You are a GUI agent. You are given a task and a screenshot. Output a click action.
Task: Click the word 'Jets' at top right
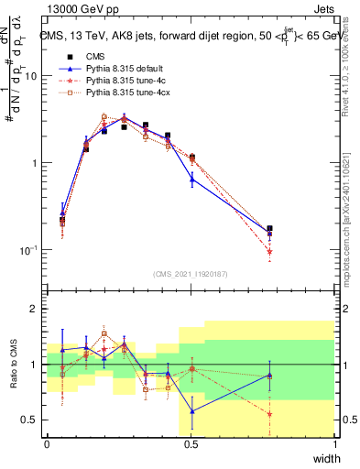coord(322,8)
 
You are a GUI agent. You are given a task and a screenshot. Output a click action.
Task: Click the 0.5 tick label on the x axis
coord(191,444)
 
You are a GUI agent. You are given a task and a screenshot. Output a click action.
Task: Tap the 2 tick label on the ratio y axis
coord(35,310)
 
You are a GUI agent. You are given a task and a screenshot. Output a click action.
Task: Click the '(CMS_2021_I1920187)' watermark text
coord(191,273)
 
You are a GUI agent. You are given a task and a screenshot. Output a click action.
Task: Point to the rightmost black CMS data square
coord(269,229)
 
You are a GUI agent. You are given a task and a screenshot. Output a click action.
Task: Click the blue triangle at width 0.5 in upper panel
coord(191,180)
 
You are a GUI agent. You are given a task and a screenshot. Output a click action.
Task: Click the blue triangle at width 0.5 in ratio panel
coord(191,411)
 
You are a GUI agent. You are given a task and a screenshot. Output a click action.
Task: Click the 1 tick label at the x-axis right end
coord(334,444)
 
